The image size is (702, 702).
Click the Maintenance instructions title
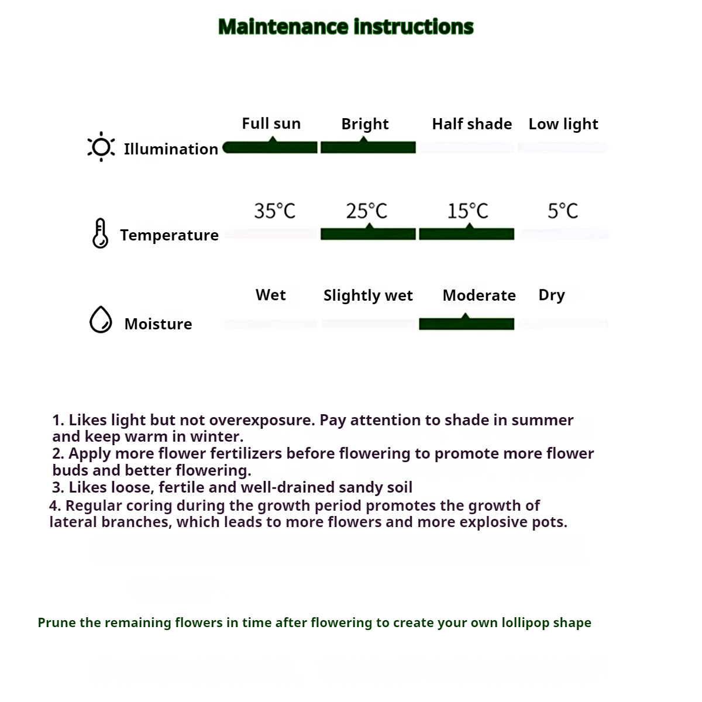coord(346,27)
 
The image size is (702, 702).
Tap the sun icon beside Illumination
coord(101,147)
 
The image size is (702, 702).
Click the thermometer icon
coord(101,233)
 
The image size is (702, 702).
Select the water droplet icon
coord(101,320)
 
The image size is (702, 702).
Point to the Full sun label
coord(271,124)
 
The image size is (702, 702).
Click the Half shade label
coord(472,124)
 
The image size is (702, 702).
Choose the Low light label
coord(563,124)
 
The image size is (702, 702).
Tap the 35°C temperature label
coord(274,211)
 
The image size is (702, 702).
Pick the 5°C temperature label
coord(563,211)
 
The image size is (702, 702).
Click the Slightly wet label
coord(368,295)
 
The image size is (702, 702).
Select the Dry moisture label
coord(552,295)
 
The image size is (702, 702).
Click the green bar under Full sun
coord(271,147)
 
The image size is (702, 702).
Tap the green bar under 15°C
coord(467,234)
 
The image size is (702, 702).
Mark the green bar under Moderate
coord(467,324)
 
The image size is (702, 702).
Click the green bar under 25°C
coord(368,234)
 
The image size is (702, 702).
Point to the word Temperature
coord(169,235)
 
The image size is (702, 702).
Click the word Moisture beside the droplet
coord(158,324)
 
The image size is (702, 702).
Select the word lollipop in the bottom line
coord(525,622)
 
